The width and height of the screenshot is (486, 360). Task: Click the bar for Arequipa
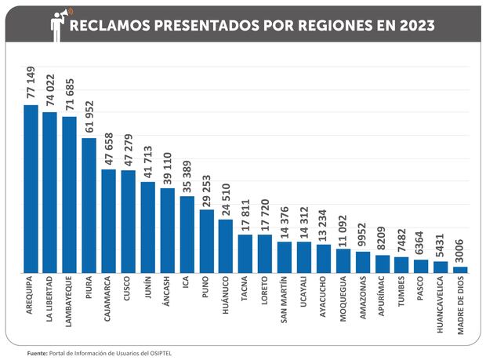coord(31,188)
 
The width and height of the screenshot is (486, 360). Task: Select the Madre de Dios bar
coord(461,269)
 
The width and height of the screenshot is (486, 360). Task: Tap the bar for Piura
coord(89,205)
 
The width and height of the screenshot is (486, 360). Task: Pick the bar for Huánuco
coord(226,245)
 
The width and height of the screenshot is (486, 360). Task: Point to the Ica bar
coord(187,234)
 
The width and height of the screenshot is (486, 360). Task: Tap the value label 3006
coord(461,251)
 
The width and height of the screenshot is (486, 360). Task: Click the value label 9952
coord(363,235)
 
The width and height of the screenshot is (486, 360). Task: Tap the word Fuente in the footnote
coord(36,353)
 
